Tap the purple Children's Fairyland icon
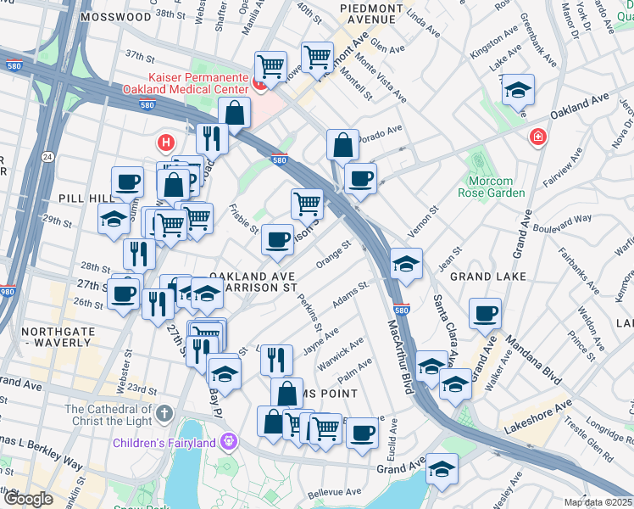[x=227, y=441]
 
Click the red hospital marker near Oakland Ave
[x=537, y=137]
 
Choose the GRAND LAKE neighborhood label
[x=487, y=277]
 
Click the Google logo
[x=29, y=498]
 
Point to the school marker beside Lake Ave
[x=518, y=91]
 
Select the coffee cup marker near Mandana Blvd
[x=485, y=313]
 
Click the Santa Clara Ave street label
[x=448, y=331]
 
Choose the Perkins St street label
[x=312, y=314]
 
